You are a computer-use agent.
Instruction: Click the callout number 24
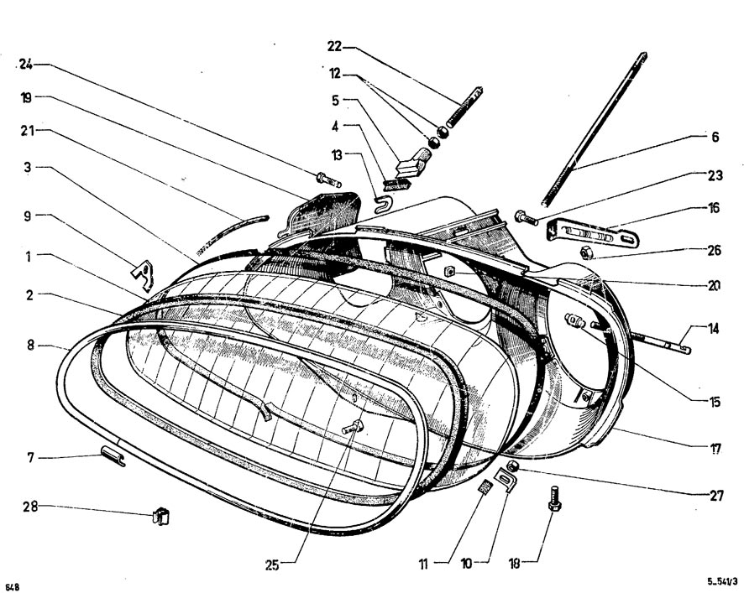click(x=28, y=65)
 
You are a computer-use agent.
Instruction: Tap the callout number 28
click(x=29, y=507)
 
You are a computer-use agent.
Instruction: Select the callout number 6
click(x=715, y=136)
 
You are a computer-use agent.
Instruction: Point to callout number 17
click(x=715, y=449)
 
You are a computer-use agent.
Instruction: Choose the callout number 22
click(x=335, y=47)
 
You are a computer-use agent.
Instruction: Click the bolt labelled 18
click(x=554, y=497)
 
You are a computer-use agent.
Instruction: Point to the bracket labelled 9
click(x=143, y=272)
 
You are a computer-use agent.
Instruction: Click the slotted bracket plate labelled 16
click(x=592, y=233)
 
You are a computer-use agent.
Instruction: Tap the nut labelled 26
click(x=586, y=252)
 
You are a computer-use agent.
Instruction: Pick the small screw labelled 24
click(x=327, y=179)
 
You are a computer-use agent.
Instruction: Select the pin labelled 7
click(x=112, y=455)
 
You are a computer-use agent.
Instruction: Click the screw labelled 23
click(x=525, y=218)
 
